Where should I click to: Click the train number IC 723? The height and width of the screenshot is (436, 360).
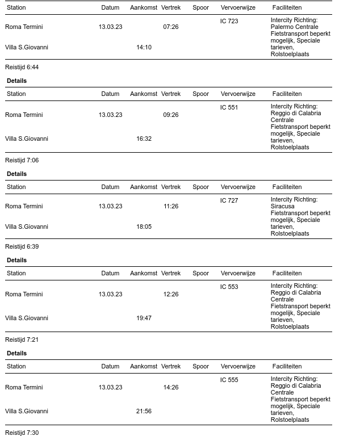[229, 22]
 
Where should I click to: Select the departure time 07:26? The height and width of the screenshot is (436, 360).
[170, 27]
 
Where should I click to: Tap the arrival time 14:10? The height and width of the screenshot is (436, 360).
[144, 48]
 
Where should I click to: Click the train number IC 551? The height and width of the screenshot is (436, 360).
[229, 108]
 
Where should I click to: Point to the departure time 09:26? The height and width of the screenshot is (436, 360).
[170, 115]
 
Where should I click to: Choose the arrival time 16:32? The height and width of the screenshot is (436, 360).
[144, 139]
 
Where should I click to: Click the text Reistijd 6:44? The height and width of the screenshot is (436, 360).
[22, 68]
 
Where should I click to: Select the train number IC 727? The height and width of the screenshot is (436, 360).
[229, 201]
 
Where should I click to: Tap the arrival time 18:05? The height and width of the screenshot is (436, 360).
[144, 227]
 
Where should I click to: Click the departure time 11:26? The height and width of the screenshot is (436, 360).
[170, 207]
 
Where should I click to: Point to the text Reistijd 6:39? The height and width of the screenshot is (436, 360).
[22, 247]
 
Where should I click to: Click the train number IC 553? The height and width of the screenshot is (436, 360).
[229, 287]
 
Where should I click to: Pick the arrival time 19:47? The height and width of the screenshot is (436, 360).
[144, 318]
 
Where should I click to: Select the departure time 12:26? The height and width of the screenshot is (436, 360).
[170, 295]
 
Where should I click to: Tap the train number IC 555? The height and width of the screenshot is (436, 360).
[229, 380]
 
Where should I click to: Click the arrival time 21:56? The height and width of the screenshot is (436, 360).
[144, 412]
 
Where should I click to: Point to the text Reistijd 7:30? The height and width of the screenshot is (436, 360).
[22, 433]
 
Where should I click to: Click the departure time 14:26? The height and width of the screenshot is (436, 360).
[170, 388]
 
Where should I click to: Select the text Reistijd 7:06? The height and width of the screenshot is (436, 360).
[22, 161]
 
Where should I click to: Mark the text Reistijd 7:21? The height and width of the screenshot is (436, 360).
[22, 340]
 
